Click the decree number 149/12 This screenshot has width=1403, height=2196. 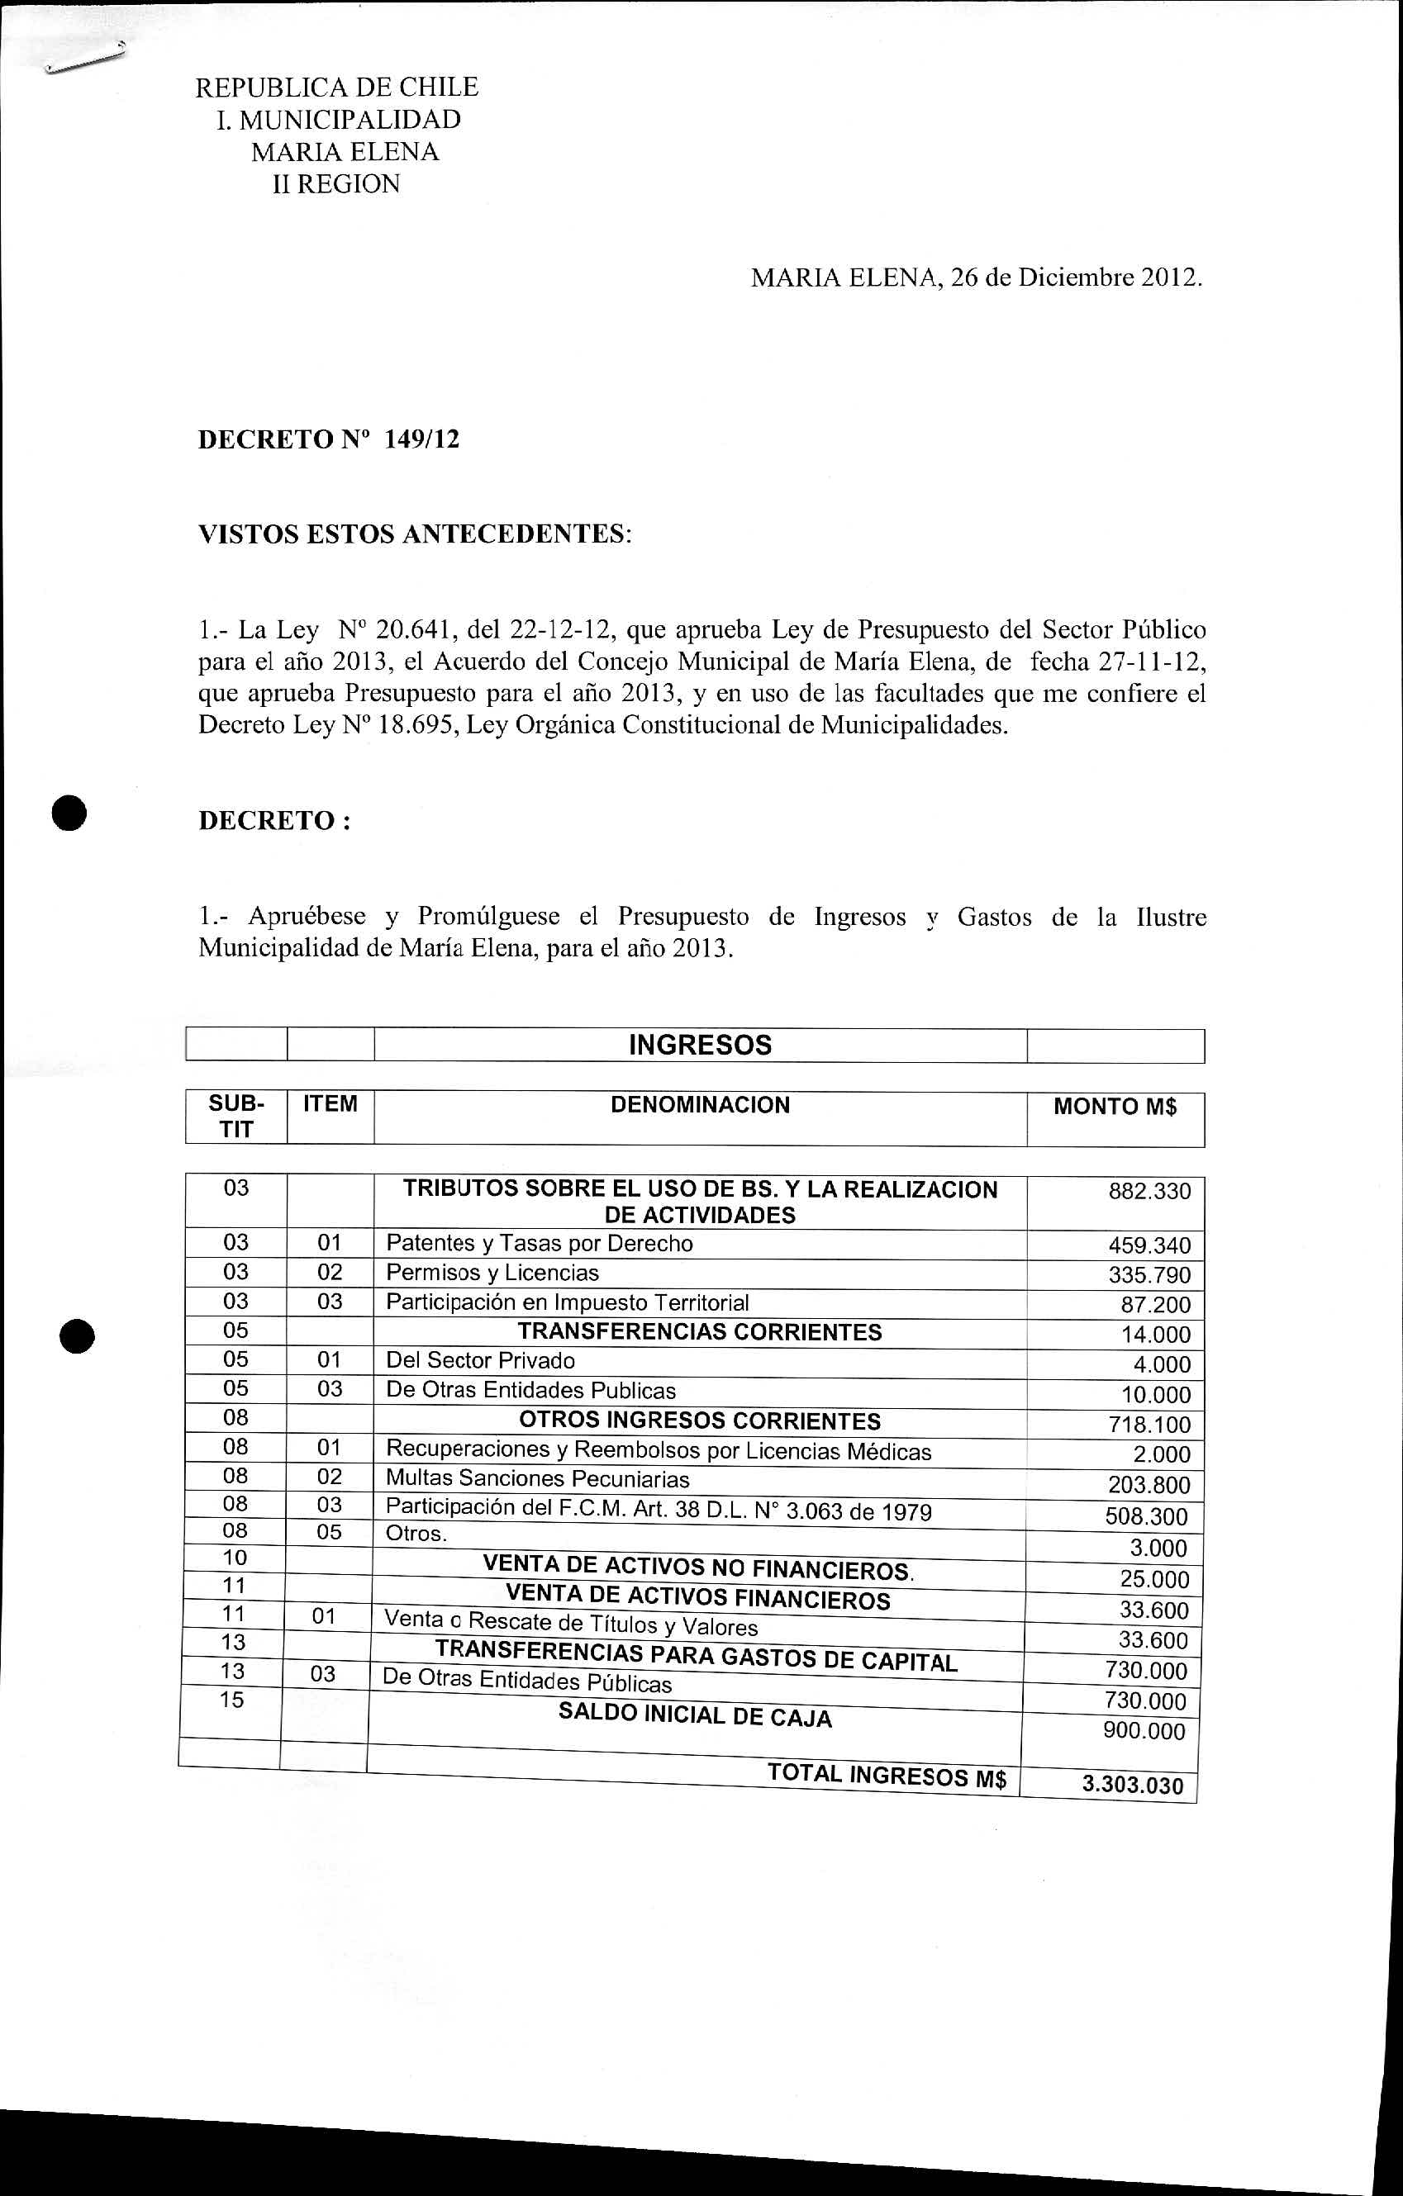(422, 439)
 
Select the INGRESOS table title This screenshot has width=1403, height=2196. (700, 1045)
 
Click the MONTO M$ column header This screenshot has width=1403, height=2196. (1115, 1106)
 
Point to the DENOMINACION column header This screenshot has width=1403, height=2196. (700, 1105)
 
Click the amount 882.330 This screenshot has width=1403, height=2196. (1149, 1191)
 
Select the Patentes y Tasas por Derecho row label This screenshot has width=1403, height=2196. (539, 1243)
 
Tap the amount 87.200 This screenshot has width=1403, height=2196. (1156, 1305)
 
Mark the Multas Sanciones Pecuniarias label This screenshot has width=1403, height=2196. (537, 1478)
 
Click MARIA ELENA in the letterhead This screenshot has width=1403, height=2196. (345, 151)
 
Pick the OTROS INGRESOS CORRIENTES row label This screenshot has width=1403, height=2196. (700, 1421)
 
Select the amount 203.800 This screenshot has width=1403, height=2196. (1149, 1485)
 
